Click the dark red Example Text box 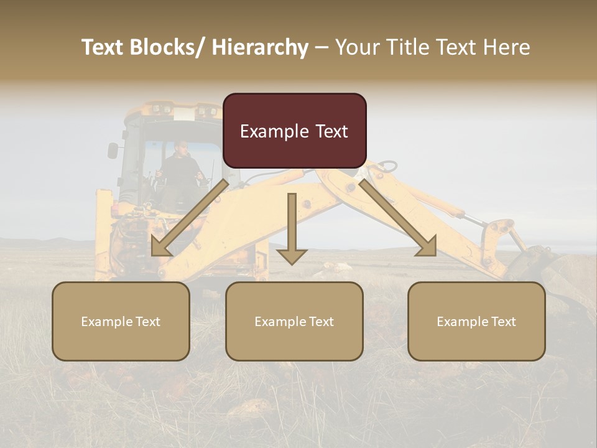[294, 131]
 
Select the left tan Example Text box [121, 321]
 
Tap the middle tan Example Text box [294, 321]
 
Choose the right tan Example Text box [476, 321]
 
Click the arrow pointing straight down [292, 230]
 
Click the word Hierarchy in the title [260, 47]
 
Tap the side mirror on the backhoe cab [113, 150]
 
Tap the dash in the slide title [321, 48]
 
